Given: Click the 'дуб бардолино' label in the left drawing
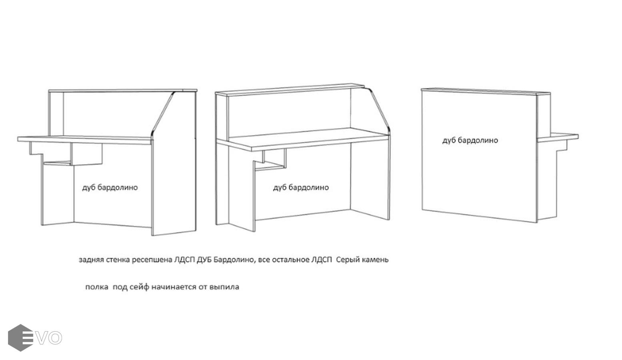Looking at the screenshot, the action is [110, 188].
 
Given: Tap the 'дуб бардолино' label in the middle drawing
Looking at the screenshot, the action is [301, 188].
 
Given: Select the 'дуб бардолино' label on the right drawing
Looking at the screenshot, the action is [470, 140].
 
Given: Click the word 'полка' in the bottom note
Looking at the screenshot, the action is [97, 287].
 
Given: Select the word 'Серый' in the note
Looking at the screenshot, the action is [348, 260].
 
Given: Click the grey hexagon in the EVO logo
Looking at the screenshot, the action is [20, 338].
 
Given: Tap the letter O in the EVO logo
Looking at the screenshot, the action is [55, 338].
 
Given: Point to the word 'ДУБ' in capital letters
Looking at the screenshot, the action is [203, 260].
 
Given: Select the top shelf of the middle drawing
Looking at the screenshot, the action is [290, 90].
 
